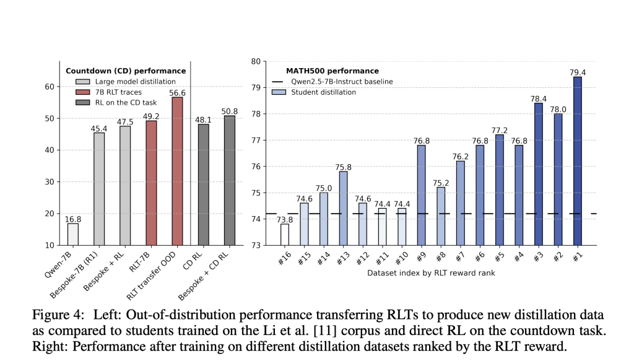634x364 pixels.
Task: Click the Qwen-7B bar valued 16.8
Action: pos(73,234)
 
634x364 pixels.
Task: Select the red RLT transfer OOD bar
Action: pos(177,171)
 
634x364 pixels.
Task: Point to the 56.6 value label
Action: pos(177,92)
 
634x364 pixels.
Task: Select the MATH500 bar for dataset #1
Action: pos(577,161)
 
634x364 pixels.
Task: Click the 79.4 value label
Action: pos(577,72)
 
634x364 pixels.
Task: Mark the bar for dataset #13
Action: pos(343,208)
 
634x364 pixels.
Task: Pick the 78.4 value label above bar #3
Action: pos(538,98)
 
